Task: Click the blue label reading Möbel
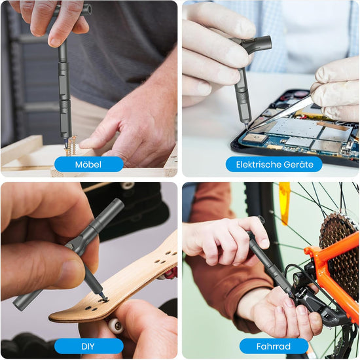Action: tap(88, 164)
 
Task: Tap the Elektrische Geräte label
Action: tap(274, 164)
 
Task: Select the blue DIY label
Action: tap(88, 346)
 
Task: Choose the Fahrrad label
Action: tap(274, 346)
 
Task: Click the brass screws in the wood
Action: tap(71, 146)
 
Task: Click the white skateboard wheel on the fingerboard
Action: tap(115, 325)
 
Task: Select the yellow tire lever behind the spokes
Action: tap(285, 202)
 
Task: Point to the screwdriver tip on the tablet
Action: tap(246, 126)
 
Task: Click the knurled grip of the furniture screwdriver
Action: tap(63, 69)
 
